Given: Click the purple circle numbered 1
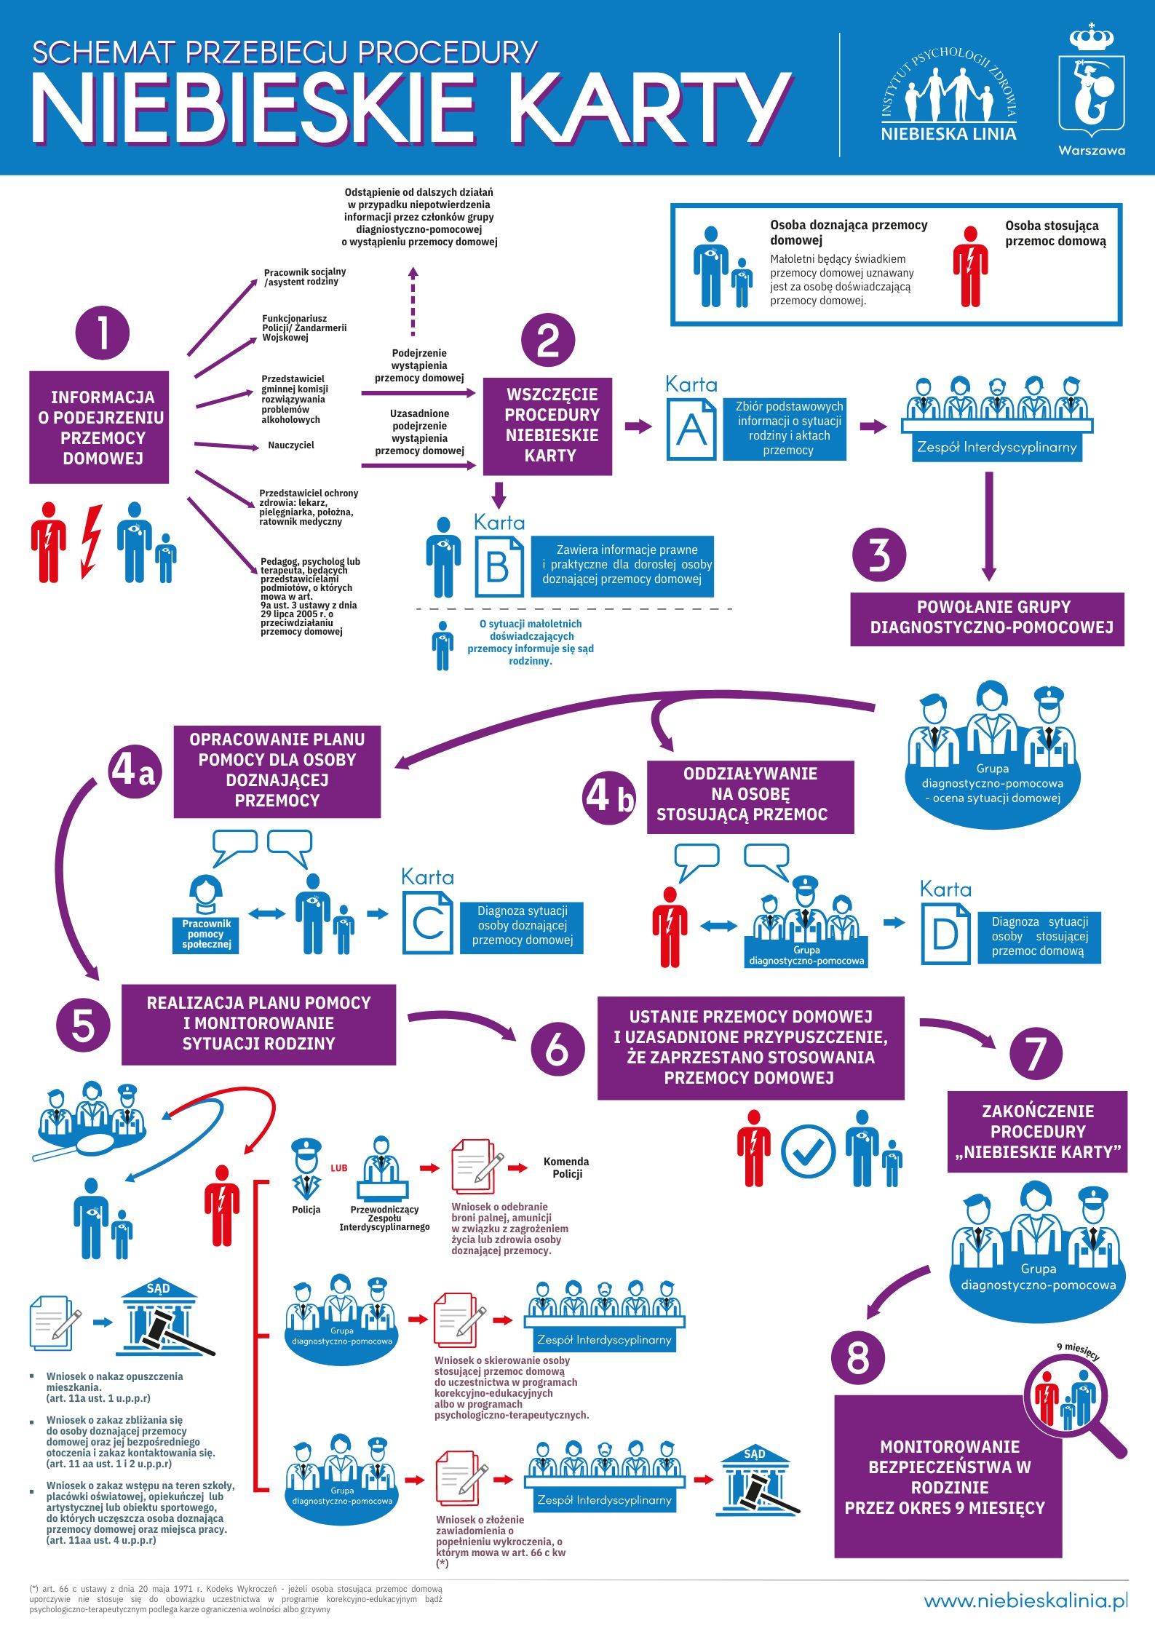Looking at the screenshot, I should pos(103,333).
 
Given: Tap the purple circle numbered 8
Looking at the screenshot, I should pos(859,1358).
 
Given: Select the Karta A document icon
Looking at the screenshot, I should pos(691,429).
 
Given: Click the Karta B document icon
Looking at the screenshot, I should pos(499,566).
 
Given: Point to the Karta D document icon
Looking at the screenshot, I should pos(945,934).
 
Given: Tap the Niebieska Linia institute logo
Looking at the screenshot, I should pos(948,91).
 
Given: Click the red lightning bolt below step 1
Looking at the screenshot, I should pos(91,540).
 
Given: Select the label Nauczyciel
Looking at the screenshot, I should pos(291,445).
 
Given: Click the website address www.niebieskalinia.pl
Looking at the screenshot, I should pos(1025,1601).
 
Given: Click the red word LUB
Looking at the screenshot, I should pos(339,1168).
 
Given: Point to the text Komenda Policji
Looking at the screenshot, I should pos(566,1167).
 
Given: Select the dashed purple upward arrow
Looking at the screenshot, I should pos(413,300).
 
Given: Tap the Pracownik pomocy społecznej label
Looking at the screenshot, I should pos(206,934).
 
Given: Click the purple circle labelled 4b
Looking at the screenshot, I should pos(610,798).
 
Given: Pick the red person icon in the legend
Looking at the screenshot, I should pos(970,266).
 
